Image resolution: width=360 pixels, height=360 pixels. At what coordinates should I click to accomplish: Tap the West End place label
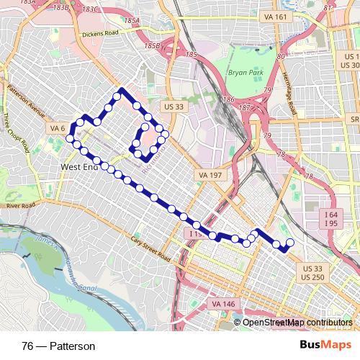point(78,167)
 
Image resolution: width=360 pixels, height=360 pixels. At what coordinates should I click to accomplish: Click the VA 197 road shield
point(209,175)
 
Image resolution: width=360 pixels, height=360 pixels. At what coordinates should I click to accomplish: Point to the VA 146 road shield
point(224,304)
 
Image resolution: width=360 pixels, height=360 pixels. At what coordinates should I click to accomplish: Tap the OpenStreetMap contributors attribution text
point(297,323)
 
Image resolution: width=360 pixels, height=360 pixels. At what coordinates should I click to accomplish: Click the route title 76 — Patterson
point(58,346)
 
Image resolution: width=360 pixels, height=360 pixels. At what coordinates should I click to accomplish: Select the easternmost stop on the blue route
point(290,243)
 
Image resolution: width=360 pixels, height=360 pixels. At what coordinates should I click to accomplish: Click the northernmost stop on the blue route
point(116,96)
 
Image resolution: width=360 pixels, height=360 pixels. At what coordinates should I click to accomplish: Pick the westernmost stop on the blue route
point(70,138)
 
